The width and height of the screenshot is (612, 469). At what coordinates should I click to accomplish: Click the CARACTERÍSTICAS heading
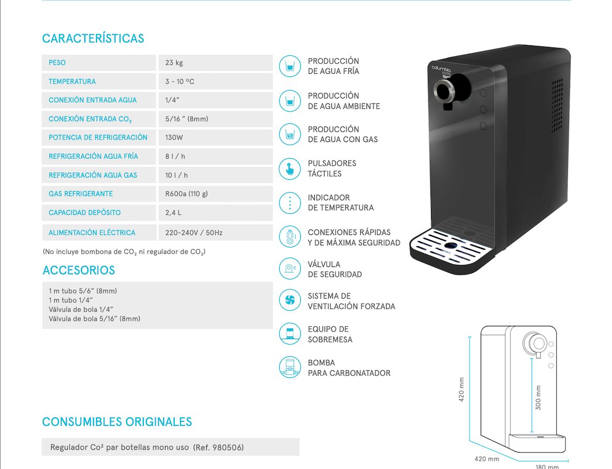click(93, 39)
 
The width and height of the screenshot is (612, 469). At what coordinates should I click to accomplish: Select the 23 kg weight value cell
click(174, 63)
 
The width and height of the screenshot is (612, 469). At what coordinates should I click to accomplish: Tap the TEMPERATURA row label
click(72, 82)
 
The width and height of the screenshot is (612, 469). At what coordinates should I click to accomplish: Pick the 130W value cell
click(174, 137)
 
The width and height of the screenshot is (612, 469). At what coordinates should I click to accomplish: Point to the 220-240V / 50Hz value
click(194, 233)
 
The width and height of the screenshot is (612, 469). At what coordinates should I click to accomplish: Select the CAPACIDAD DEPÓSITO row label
click(84, 213)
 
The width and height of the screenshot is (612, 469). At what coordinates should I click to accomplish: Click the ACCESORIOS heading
click(79, 270)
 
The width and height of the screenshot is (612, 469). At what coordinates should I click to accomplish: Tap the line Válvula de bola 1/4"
click(81, 309)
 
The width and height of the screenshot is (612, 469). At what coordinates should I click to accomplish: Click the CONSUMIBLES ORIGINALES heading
click(117, 422)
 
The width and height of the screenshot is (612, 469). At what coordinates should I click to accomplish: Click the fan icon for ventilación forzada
click(289, 300)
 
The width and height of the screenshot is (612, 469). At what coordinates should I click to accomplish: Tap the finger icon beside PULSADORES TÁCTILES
click(289, 168)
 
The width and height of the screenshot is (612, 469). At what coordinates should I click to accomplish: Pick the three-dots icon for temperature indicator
click(289, 202)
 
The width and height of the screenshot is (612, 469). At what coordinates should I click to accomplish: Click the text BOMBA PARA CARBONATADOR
click(349, 368)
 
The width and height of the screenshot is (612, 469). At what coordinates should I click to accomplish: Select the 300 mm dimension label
click(538, 397)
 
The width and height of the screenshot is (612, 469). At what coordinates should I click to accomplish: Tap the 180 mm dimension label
click(547, 466)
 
